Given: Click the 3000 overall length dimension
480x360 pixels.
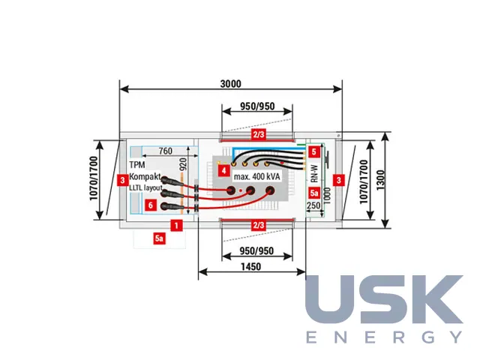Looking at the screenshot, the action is (x=230, y=83).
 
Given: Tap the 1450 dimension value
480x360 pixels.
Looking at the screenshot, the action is (x=250, y=267).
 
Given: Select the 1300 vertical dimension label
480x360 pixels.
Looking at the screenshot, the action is (x=380, y=180).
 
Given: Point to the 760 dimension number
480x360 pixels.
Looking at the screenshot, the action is (x=165, y=151).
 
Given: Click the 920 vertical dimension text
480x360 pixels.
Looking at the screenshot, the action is (x=183, y=164).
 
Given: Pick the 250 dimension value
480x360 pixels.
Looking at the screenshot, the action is (x=313, y=205).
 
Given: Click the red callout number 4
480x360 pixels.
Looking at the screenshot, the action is (x=223, y=170).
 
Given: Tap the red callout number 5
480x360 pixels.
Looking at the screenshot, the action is (x=314, y=151).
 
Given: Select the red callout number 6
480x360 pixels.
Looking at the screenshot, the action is (x=150, y=205).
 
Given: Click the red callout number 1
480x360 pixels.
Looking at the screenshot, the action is (x=176, y=226).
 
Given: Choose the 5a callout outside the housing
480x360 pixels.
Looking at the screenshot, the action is (x=159, y=238).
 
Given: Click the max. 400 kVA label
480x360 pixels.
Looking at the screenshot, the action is (x=256, y=177).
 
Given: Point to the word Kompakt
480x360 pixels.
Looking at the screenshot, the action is (x=145, y=177).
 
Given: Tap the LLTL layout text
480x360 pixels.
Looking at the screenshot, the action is (x=145, y=187).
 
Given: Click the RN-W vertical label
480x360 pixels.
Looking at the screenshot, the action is (x=314, y=174).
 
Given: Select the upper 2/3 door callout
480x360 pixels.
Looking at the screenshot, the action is (x=258, y=134).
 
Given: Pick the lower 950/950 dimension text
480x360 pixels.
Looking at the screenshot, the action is (x=256, y=250).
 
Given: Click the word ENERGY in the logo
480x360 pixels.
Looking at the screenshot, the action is (x=384, y=337).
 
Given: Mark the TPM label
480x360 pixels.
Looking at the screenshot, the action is (x=137, y=165).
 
